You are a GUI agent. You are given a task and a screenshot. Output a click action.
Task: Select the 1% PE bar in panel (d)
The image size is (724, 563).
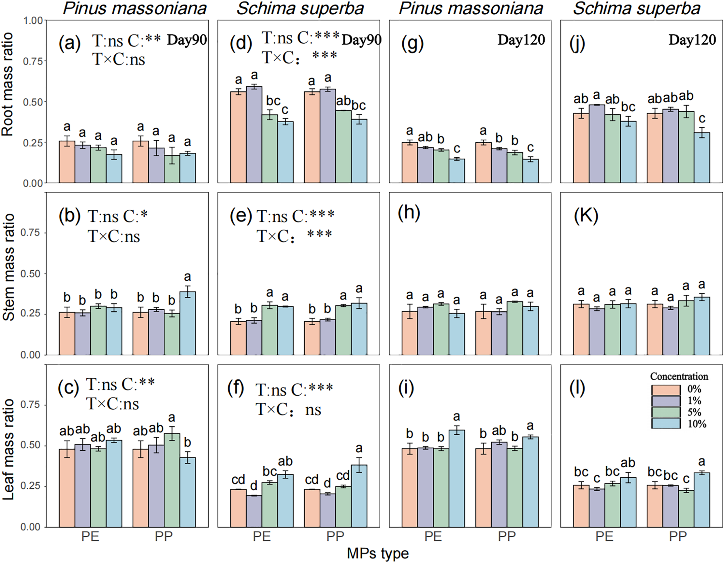(254, 134)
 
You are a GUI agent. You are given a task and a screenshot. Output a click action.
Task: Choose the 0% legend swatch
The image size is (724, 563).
(666, 390)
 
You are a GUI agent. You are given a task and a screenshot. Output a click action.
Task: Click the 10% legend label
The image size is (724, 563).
(697, 424)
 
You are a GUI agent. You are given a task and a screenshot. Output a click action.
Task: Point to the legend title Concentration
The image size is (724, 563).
(679, 376)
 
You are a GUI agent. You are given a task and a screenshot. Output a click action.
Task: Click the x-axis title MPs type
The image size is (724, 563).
(378, 553)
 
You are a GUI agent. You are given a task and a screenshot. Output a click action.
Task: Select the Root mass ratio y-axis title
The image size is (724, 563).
(8, 85)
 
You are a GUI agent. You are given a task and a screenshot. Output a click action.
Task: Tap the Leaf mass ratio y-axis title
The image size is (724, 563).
(8, 449)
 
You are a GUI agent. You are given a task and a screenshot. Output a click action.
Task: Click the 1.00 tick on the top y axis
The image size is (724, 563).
(33, 21)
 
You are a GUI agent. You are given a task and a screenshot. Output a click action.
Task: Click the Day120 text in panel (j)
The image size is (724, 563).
(692, 40)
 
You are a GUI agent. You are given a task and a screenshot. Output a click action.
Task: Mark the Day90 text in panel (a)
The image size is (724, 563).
(187, 40)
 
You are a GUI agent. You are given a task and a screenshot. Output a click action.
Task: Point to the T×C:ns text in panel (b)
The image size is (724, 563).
(114, 237)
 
